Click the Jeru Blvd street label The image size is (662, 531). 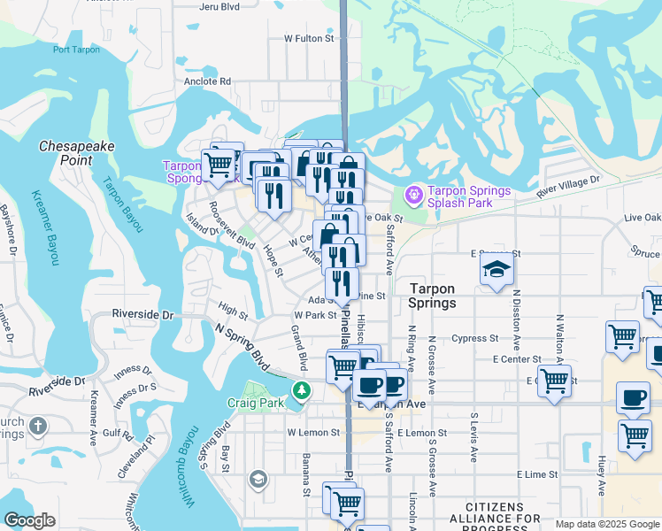pos(219,6)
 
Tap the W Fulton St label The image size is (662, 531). pos(309,39)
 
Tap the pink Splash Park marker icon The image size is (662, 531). pos(412,193)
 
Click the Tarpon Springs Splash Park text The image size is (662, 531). pos(469,196)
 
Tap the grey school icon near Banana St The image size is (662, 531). pos(258,480)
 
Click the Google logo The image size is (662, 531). pos(30,520)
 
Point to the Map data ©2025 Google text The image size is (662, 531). pos(606,524)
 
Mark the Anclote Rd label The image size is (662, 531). pos(207,81)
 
